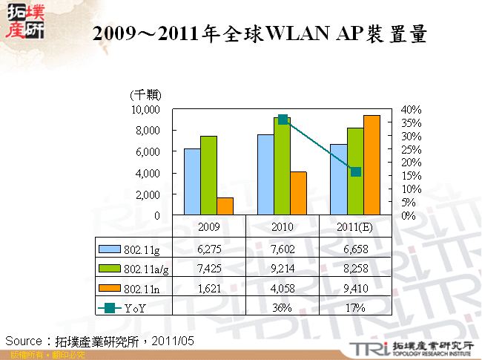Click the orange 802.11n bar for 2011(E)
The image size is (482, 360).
coord(372,165)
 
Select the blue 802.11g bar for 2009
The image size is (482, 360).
coord(192,182)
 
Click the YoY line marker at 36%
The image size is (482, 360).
coord(283,120)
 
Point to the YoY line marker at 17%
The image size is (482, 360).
coord(356,171)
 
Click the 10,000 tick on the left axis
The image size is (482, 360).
coord(145,109)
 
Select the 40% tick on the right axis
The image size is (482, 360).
coord(411,109)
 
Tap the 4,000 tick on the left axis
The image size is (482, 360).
coord(148,173)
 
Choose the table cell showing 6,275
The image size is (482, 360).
coord(208,249)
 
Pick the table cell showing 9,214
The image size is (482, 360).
coord(283,268)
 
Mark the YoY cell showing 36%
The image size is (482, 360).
coord(283,307)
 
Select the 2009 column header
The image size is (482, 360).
coord(208,226)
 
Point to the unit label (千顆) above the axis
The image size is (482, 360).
coord(145,95)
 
